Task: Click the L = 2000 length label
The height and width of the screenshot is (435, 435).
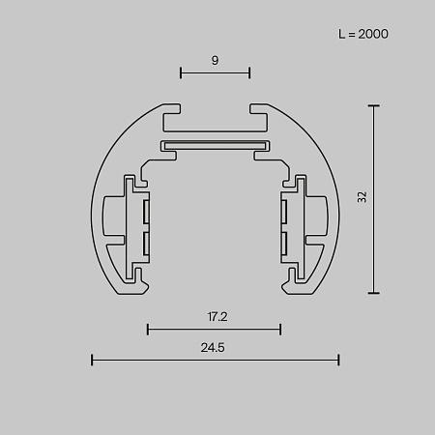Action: click(363, 34)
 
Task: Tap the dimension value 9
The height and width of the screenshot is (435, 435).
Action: click(215, 60)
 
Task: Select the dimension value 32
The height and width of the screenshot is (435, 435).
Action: click(362, 197)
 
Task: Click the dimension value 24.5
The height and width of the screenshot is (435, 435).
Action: click(215, 348)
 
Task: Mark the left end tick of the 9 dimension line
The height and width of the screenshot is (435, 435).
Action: click(181, 72)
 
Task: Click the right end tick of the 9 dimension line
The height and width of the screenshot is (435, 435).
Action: click(250, 72)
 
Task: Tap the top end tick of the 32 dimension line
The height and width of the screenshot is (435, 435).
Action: click(374, 104)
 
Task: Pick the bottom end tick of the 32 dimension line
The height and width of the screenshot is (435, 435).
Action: click(374, 293)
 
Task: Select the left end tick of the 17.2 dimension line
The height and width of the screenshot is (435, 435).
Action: click(147, 330)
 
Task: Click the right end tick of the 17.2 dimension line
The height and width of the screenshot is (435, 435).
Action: click(280, 330)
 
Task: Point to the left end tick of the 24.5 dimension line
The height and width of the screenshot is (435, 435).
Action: click(92, 361)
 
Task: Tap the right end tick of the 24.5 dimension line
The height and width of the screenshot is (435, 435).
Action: click(339, 361)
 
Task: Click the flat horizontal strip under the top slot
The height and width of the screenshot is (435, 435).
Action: click(215, 146)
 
